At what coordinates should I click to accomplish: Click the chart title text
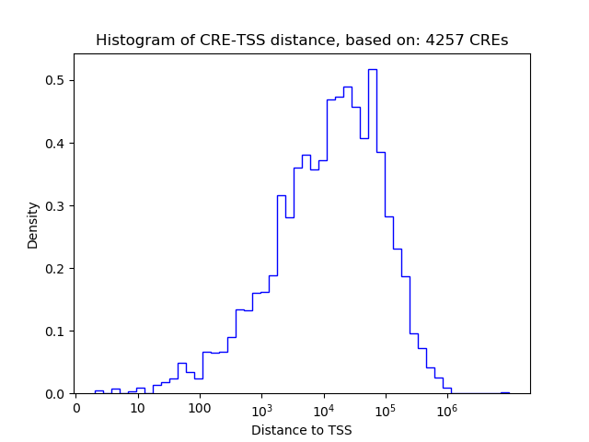(302, 41)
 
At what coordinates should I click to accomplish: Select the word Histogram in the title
(133, 41)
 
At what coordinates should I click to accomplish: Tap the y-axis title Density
(33, 225)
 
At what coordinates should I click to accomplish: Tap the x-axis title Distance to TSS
(302, 430)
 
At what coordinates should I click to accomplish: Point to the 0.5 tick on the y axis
(57, 81)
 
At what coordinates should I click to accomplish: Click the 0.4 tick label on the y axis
(57, 144)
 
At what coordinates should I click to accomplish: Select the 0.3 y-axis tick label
(57, 206)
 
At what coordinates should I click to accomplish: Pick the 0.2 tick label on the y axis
(57, 269)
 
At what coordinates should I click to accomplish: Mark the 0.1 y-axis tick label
(57, 331)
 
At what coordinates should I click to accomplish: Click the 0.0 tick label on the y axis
(57, 394)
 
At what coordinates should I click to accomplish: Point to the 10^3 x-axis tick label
(261, 407)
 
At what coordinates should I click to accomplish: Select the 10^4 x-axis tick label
(323, 407)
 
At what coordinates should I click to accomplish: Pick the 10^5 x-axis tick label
(386, 407)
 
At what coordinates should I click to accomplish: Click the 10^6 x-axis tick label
(447, 407)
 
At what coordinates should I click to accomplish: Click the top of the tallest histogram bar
(373, 69)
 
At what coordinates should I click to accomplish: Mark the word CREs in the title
(491, 41)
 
